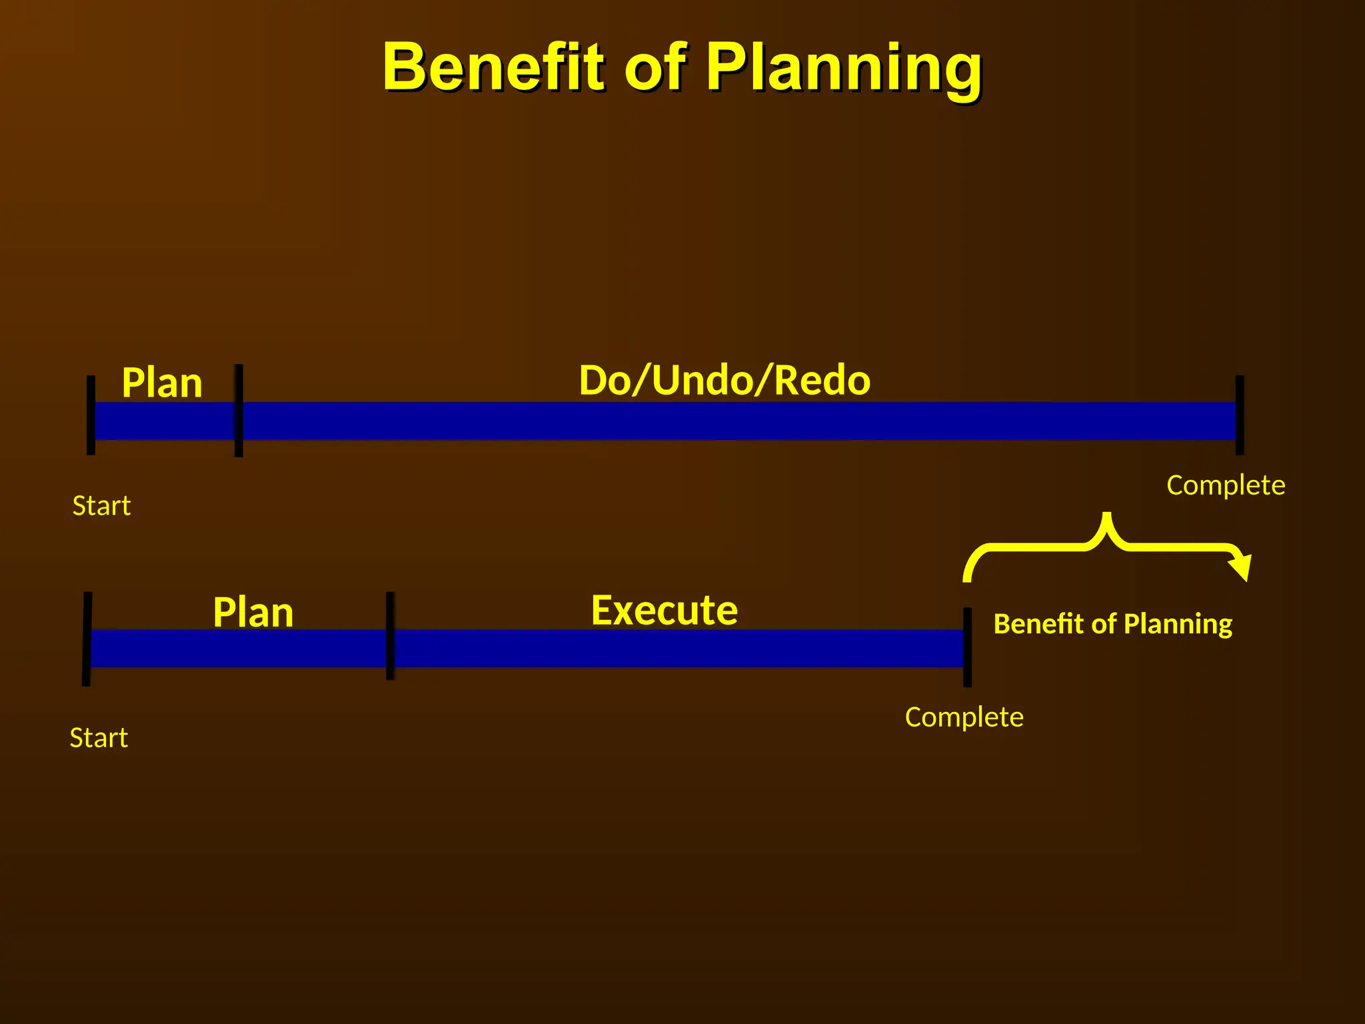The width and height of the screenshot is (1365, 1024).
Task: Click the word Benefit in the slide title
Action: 493,67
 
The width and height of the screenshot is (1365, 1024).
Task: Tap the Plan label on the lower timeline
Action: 253,612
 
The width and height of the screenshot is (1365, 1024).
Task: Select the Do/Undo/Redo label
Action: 724,380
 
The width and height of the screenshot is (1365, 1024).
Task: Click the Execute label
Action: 665,610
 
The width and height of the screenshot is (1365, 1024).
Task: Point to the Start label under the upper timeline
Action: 101,506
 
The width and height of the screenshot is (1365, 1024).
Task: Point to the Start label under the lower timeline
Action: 99,738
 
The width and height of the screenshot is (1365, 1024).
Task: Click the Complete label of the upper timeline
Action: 1226,485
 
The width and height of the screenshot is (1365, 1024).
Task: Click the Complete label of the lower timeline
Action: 964,717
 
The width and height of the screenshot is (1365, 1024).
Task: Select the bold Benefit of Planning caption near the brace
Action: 1112,624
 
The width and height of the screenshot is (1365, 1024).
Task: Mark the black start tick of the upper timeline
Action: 91,415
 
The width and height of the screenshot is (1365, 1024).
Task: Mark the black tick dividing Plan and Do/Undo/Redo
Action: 239,411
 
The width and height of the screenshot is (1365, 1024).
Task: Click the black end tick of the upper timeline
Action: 1240,415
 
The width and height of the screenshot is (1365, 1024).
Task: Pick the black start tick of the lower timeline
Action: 87,639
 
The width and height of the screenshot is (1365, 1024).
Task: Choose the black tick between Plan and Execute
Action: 390,635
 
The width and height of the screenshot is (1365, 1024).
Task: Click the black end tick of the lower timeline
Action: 967,647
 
